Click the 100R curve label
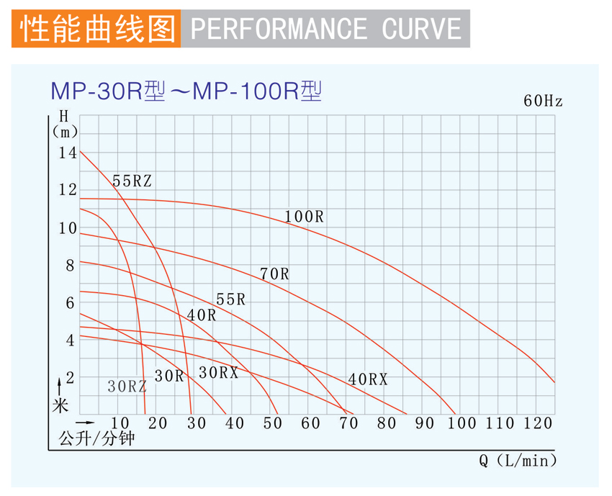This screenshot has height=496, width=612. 305,216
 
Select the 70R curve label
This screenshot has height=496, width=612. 274,274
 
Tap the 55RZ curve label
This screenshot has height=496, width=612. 132,181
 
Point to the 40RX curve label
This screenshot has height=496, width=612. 368,379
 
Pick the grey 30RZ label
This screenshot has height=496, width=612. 127,386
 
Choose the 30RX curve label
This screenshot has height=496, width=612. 218,372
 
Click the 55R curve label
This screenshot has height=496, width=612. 230,299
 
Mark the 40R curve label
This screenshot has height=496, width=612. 201,315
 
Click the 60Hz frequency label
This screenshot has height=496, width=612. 543,102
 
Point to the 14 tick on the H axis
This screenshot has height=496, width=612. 68,153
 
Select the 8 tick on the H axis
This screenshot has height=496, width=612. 70,266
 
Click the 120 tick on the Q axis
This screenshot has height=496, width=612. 539,423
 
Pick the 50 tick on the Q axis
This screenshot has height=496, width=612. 272,423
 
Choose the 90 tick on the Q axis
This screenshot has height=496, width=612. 425,423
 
